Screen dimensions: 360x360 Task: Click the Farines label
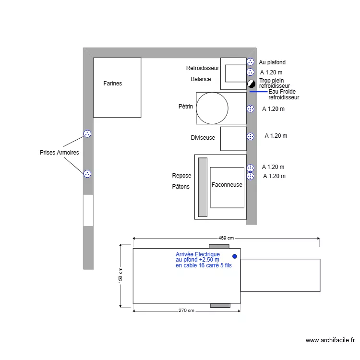pyautogui.click(x=113, y=84)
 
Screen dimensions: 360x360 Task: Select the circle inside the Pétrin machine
pyautogui.click(x=212, y=108)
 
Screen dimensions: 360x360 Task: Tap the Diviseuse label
pyautogui.click(x=203, y=138)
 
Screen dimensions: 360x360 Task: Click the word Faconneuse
pyautogui.click(x=227, y=185)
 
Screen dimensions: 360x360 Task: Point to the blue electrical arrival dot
pyautogui.click(x=235, y=256)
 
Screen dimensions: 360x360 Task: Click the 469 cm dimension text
pyautogui.click(x=226, y=238)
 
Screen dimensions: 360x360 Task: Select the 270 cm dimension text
pyautogui.click(x=186, y=311)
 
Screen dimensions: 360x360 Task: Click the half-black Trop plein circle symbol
pyautogui.click(x=251, y=84)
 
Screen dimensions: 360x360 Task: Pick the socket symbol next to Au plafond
pyautogui.click(x=251, y=62)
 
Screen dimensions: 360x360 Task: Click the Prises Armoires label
pyautogui.click(x=59, y=153)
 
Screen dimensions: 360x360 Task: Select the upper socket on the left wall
pyautogui.click(x=87, y=134)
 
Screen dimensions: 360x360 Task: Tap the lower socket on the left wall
pyautogui.click(x=87, y=174)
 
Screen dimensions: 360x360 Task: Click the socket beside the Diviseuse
pyautogui.click(x=251, y=137)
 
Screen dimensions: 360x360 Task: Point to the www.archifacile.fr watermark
pyautogui.click(x=330, y=340)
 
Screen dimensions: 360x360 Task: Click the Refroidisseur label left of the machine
pyautogui.click(x=203, y=68)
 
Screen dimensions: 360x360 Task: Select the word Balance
pyautogui.click(x=201, y=79)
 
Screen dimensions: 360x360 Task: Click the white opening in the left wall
pyautogui.click(x=88, y=210)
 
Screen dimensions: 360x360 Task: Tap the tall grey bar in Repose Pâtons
pyautogui.click(x=203, y=187)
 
